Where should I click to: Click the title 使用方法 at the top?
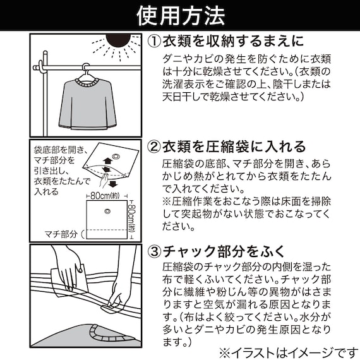[x=180, y=15]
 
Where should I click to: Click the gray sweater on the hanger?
[x=84, y=101]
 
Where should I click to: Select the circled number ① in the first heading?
[x=155, y=41]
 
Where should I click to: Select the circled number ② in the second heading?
[x=155, y=147]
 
